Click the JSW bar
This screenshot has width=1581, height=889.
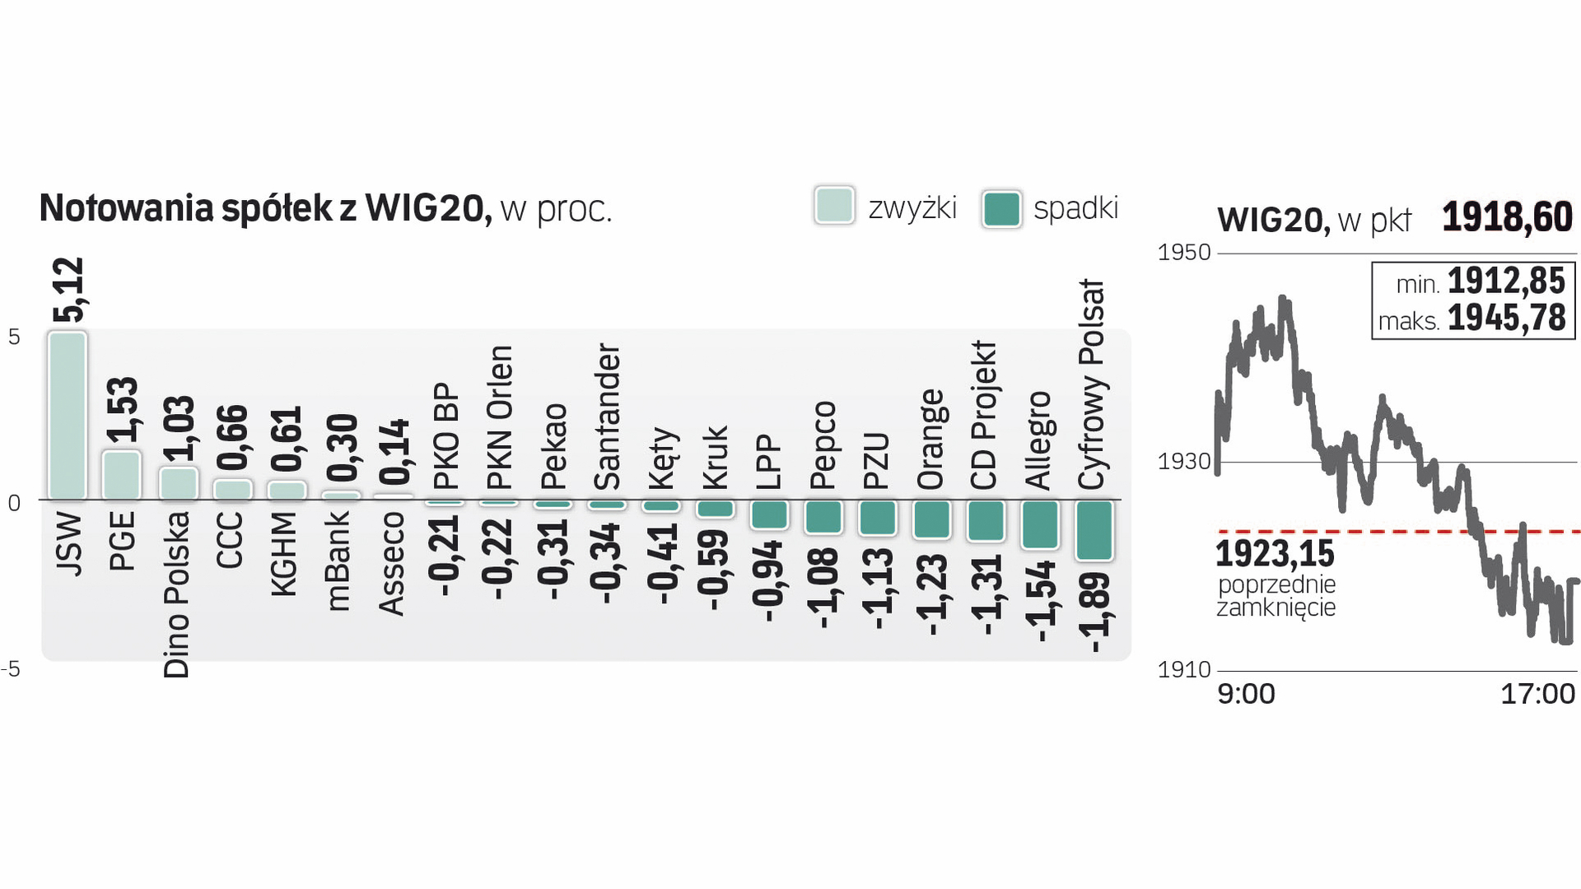click(68, 416)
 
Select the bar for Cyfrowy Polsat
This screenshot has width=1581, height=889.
click(1094, 531)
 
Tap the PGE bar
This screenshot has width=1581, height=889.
click(121, 475)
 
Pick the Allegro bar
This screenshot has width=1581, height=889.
click(1040, 524)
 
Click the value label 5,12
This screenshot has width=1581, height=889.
click(69, 290)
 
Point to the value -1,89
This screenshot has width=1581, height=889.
click(1095, 613)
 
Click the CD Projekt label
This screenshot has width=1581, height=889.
click(984, 416)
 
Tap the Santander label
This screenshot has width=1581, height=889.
click(608, 417)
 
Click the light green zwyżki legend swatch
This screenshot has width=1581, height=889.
click(834, 206)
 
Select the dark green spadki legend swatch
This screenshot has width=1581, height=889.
click(1001, 208)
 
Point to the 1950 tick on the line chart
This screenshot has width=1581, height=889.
click(1184, 252)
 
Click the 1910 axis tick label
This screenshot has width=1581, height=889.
click(1184, 669)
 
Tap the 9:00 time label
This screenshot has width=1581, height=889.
click(1246, 694)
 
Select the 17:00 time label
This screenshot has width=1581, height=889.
click(1537, 694)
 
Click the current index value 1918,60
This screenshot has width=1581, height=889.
click(1507, 217)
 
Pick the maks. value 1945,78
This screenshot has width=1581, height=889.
click(1506, 319)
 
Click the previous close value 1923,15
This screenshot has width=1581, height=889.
click(1275, 554)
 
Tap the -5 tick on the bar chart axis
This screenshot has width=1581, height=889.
click(12, 668)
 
